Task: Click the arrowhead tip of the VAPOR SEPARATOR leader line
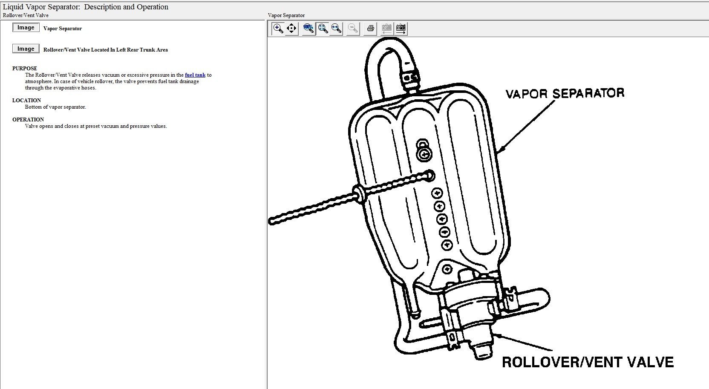497,153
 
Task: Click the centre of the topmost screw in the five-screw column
437,193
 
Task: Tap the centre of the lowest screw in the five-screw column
447,245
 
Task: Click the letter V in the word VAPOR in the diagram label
510,94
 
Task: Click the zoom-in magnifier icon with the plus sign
278,29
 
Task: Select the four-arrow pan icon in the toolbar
291,29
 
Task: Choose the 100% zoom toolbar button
308,29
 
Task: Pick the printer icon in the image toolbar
370,29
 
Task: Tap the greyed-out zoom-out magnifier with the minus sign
353,29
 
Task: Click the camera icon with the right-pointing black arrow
401,29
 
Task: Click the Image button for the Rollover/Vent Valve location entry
26,49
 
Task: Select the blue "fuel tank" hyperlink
195,75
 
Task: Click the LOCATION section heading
26,100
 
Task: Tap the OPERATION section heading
28,120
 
